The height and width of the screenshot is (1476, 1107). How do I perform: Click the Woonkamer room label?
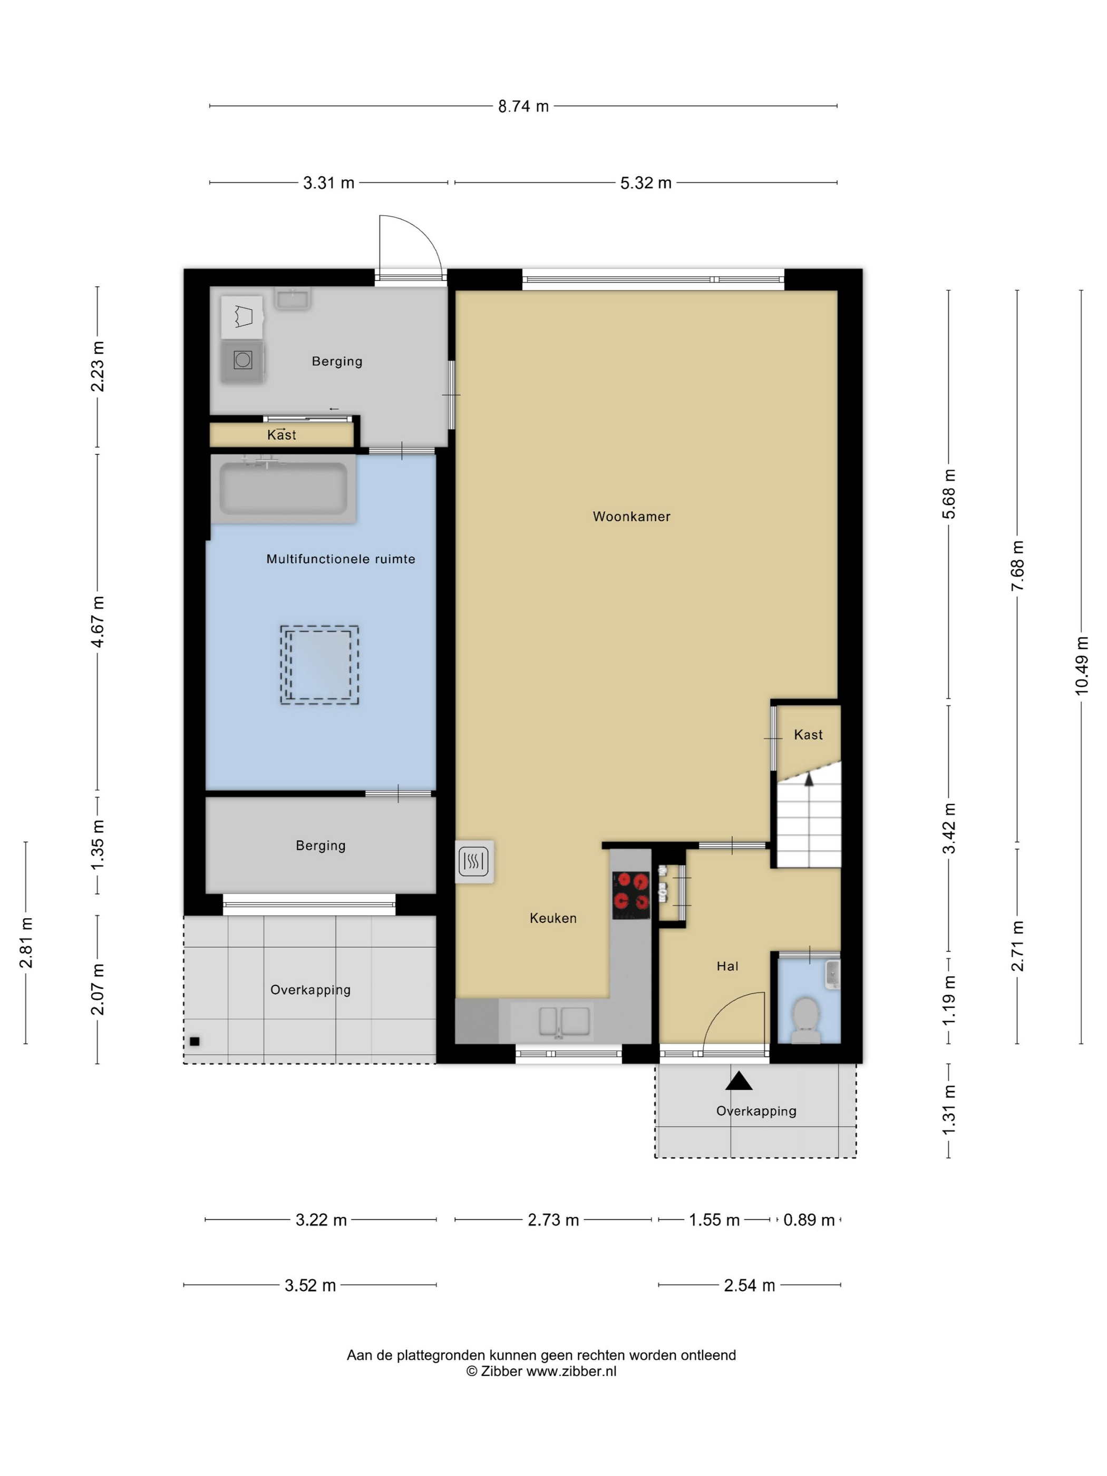pos(631,517)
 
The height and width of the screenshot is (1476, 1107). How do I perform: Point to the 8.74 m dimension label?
pos(523,106)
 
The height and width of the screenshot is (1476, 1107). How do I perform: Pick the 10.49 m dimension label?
pos(1081,665)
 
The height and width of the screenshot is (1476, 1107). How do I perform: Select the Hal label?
pos(727,966)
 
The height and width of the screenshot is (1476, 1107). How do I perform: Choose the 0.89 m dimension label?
pos(809,1220)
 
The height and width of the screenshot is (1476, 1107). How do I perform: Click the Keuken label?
pos(552,918)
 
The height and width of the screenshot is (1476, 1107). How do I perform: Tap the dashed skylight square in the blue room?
pos(319,665)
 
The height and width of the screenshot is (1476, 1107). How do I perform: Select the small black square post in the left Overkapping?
pos(194,1041)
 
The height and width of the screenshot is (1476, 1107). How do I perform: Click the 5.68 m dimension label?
pos(948,494)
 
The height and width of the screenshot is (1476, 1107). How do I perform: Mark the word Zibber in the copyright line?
pos(501,1371)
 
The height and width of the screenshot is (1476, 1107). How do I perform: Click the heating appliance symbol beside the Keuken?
pos(474,861)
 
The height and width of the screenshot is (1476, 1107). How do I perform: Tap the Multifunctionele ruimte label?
pos(341,559)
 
